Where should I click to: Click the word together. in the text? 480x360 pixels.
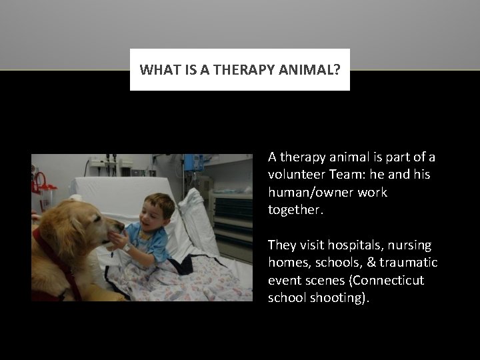[x=295, y=209]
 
